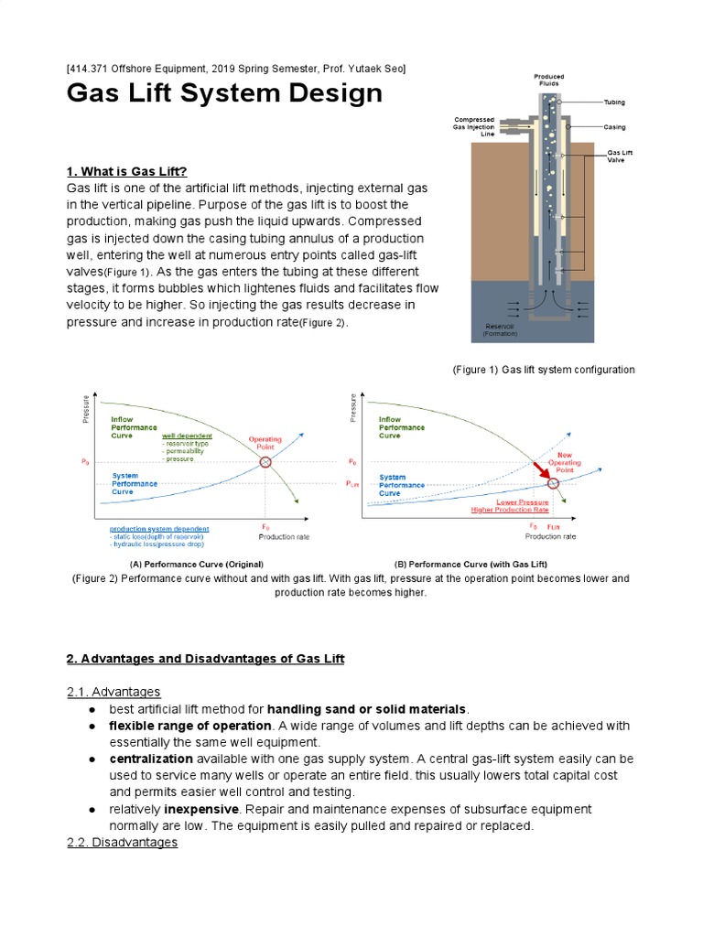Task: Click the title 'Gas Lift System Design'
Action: (224, 93)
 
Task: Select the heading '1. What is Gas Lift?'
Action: (127, 171)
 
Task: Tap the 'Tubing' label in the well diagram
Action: (615, 102)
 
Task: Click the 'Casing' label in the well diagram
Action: (615, 127)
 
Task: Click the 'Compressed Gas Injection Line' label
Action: (474, 126)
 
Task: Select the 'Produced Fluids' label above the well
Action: (549, 81)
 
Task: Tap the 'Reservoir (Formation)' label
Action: (500, 329)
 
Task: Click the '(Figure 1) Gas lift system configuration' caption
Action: (544, 370)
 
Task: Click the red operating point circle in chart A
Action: (265, 462)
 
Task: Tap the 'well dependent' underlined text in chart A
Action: (187, 436)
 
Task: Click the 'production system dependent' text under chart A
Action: (159, 529)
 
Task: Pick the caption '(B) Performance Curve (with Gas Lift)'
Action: (470, 565)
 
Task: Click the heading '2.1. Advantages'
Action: (114, 691)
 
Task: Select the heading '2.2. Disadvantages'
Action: (122, 842)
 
